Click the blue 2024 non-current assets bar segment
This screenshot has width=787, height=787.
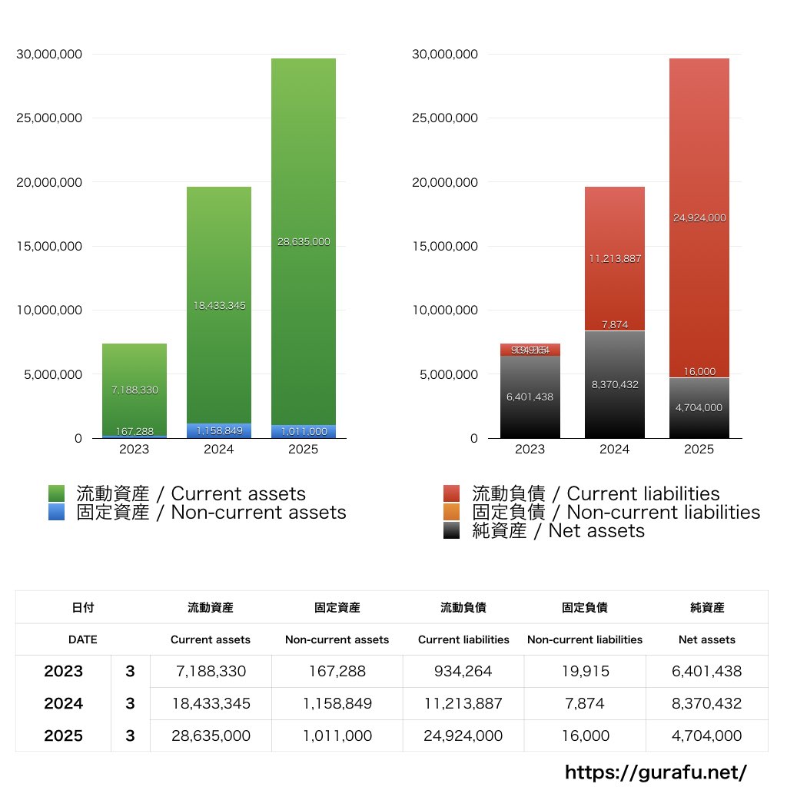[x=219, y=430]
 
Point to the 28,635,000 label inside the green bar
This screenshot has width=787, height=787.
[x=304, y=241]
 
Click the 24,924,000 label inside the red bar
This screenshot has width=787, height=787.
[x=699, y=218]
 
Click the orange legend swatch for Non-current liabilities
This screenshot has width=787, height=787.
[x=452, y=512]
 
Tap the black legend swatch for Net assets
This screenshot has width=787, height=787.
[x=452, y=530]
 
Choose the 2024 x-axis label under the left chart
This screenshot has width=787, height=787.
[x=219, y=450]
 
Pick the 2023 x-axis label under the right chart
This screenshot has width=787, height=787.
[x=530, y=450]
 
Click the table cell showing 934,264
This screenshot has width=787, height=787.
[x=463, y=671]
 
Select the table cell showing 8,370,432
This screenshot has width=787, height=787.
[x=707, y=703]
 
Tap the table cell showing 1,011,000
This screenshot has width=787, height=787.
[x=337, y=736]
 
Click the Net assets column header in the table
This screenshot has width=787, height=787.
[x=707, y=639]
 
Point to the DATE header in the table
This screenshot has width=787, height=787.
[x=82, y=639]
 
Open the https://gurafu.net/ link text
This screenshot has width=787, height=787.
[x=656, y=772]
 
